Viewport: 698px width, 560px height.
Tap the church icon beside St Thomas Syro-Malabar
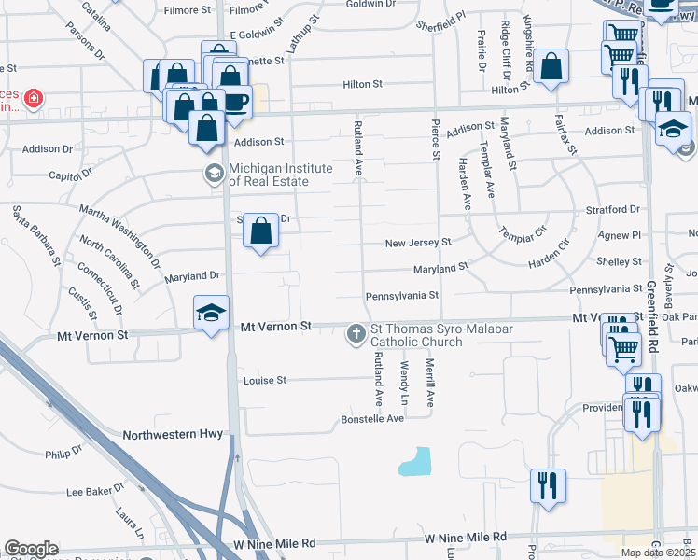[356, 333]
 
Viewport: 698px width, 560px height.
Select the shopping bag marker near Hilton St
[551, 67]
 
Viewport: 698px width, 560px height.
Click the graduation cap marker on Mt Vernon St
[212, 312]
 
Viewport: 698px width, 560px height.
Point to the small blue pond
[415, 461]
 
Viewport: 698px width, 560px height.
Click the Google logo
[32, 549]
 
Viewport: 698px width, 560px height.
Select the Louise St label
[264, 381]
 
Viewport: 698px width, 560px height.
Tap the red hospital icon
[34, 98]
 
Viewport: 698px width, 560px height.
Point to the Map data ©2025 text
[658, 552]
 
